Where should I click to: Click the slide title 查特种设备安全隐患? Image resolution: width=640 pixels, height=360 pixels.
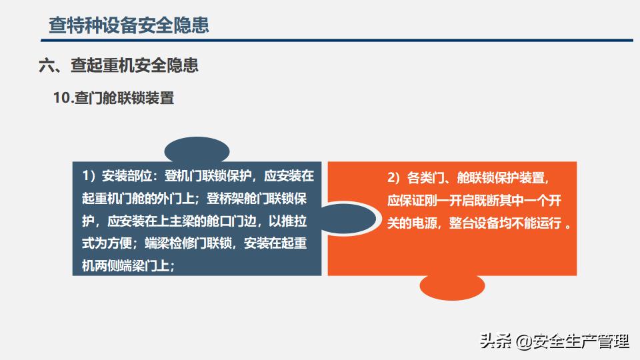pyautogui.click(x=129, y=25)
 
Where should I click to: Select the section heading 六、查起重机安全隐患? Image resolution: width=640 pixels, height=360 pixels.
pyautogui.click(x=119, y=65)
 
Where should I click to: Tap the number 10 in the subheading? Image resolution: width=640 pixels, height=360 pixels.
pyautogui.click(x=63, y=98)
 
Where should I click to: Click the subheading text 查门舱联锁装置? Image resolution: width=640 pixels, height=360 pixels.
pyautogui.click(x=125, y=98)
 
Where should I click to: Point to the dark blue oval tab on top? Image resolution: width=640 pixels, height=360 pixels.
pyautogui.click(x=197, y=149)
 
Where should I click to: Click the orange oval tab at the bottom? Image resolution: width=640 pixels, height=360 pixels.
pyautogui.click(x=452, y=287)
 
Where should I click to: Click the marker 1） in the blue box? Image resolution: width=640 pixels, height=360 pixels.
pyautogui.click(x=90, y=176)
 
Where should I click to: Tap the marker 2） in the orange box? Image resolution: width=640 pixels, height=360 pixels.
pyautogui.click(x=395, y=177)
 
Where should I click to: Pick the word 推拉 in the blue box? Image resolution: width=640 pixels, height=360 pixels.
pyautogui.click(x=294, y=221)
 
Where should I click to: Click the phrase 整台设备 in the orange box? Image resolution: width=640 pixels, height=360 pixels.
pyautogui.click(x=474, y=223)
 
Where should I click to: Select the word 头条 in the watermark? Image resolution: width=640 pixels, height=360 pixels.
pyautogui.click(x=495, y=341)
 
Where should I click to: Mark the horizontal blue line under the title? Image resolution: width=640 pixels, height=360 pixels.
pyautogui.click(x=337, y=41)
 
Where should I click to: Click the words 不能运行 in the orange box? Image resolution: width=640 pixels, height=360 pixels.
pyautogui.click(x=536, y=223)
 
